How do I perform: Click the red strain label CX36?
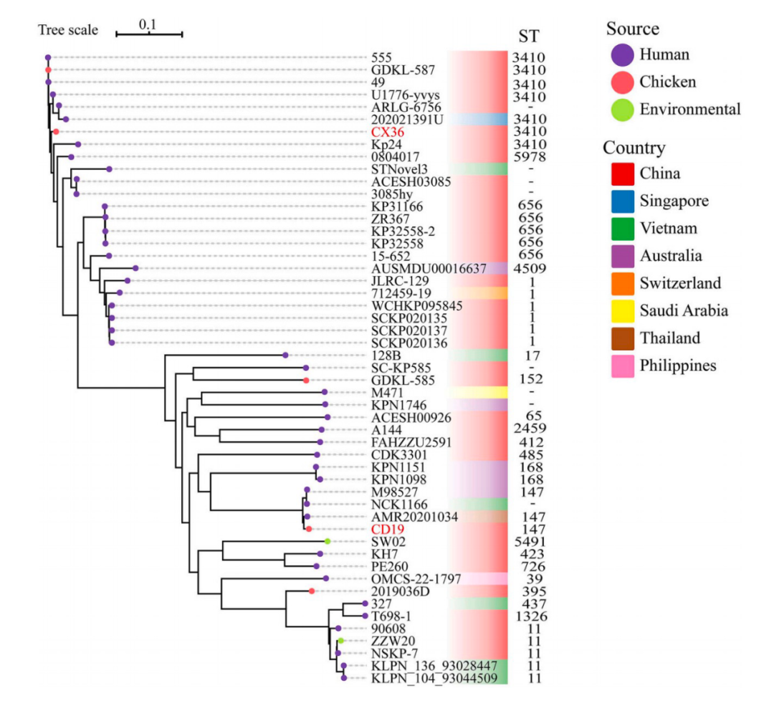pyautogui.click(x=388, y=133)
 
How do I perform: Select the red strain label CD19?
pyautogui.click(x=388, y=530)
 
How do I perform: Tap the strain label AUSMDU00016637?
pyautogui.click(x=429, y=269)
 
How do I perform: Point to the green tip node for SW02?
pyautogui.click(x=328, y=542)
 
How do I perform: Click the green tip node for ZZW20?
pyautogui.click(x=340, y=641)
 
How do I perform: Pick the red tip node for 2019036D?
pyautogui.click(x=312, y=591)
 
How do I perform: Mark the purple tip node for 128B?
pyautogui.click(x=285, y=356)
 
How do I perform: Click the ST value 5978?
pyautogui.click(x=529, y=157)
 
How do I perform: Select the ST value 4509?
pyautogui.click(x=529, y=269)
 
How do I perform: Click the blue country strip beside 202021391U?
pyautogui.click(x=477, y=120)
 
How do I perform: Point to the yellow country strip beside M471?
pyautogui.click(x=477, y=393)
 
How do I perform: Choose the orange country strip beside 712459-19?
pyautogui.click(x=477, y=293)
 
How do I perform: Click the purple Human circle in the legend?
pyautogui.click(x=623, y=54)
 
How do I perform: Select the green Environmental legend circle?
pyautogui.click(x=623, y=110)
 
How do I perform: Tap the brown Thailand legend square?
pyautogui.click(x=623, y=338)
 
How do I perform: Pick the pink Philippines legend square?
pyautogui.click(x=623, y=366)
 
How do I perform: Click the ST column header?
pyautogui.click(x=529, y=37)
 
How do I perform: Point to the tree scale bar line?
pyautogui.click(x=149, y=34)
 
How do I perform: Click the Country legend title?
pyautogui.click(x=634, y=148)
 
